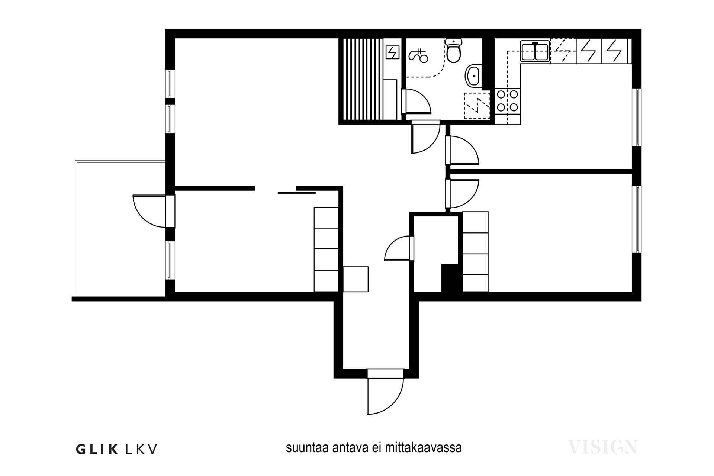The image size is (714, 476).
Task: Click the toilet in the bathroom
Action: pos(453,52)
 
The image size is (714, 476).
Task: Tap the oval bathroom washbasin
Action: pos(473,76)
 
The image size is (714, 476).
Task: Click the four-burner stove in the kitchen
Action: pos(508,100)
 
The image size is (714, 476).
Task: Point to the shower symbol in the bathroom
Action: pos(419,55)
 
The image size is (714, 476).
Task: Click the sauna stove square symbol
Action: pos(393,52)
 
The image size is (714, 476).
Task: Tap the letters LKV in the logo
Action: pos(141,449)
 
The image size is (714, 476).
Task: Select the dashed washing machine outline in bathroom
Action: pos(477,106)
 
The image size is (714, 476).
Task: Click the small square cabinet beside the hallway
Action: pos(356,279)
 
